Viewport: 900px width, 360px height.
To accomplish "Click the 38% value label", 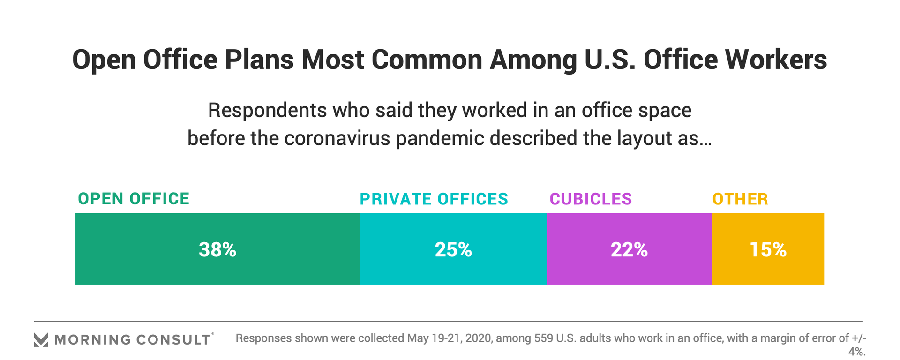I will (217, 249).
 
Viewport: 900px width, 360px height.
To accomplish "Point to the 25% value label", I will (453, 249).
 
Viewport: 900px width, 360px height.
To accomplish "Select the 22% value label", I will (629, 249).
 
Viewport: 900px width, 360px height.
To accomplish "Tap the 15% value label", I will (768, 249).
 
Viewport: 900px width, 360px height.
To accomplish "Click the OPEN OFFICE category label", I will (134, 199).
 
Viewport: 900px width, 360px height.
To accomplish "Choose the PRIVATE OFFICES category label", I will (434, 199).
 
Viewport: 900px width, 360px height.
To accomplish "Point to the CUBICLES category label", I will (591, 199).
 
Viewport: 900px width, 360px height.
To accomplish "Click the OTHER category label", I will (740, 199).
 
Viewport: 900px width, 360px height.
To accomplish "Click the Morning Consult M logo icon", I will (41, 339).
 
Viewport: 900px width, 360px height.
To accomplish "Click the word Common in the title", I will (427, 60).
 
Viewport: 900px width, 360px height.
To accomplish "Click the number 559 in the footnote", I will (544, 338).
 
